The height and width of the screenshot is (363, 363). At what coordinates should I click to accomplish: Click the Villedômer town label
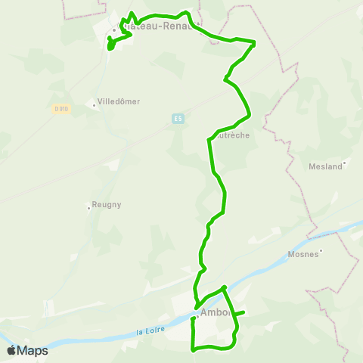click(119, 101)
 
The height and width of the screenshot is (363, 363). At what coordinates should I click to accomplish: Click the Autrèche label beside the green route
click(233, 136)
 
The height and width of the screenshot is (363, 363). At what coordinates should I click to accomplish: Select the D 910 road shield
click(61, 109)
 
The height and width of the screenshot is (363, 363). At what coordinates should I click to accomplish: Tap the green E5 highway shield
click(178, 119)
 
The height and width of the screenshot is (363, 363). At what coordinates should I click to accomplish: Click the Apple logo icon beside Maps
click(11, 350)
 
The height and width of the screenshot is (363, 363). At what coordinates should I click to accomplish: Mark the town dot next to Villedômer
click(94, 105)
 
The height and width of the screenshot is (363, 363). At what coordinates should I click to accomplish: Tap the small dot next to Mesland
click(345, 162)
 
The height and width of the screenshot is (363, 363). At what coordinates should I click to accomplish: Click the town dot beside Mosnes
click(321, 250)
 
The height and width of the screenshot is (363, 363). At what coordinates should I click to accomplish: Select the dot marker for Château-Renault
click(113, 30)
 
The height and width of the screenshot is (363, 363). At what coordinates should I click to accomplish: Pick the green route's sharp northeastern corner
click(254, 43)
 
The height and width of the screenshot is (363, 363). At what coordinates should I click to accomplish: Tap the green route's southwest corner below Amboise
click(194, 349)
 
